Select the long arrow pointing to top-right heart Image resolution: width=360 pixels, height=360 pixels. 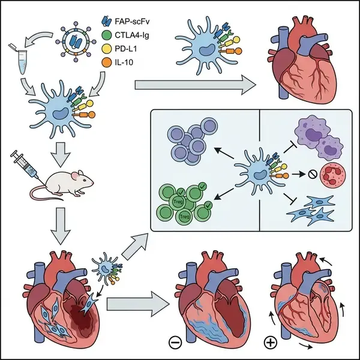coord(191,83)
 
